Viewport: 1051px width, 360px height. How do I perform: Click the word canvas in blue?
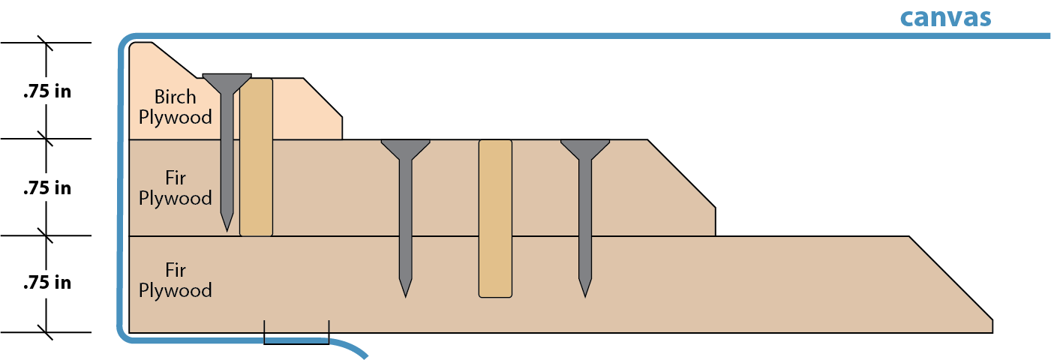point(945,17)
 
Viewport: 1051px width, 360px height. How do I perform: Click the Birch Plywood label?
point(176,106)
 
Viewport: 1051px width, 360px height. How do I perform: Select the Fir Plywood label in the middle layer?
point(176,188)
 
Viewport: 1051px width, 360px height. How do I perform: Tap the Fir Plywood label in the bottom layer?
point(176,280)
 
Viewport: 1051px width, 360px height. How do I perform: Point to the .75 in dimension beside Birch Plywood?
point(47,92)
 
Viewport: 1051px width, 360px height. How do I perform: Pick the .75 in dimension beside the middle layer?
point(47,188)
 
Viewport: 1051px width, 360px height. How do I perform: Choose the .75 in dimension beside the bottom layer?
point(47,283)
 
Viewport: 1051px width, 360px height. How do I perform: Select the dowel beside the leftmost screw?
point(256,156)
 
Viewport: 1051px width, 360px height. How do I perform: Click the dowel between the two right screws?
point(495,217)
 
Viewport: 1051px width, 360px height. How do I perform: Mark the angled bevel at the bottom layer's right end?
point(951,278)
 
